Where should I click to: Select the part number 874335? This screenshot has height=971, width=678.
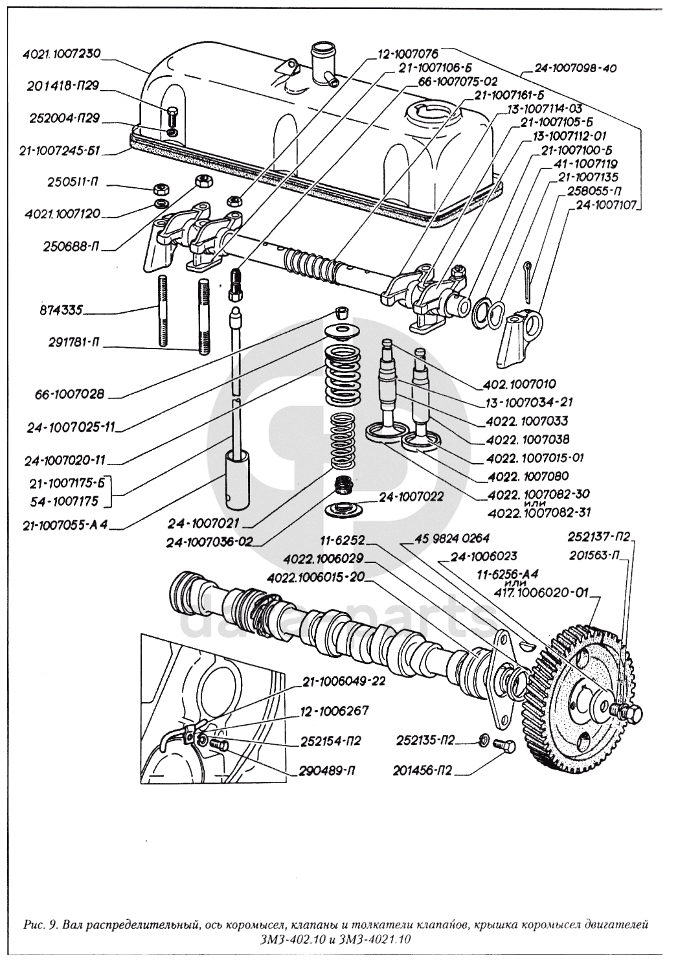[x=60, y=310]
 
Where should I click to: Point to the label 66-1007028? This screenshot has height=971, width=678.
[x=71, y=393]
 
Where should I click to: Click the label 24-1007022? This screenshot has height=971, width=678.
[x=411, y=497]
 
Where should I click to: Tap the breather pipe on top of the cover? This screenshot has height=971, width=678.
[x=321, y=62]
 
